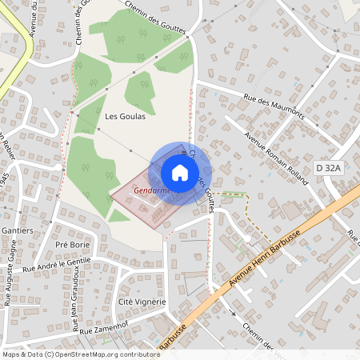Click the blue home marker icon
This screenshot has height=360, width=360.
pyautogui.click(x=180, y=173)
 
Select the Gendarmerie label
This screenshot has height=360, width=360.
pyautogui.click(x=154, y=191)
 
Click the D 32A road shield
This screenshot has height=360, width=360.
pyautogui.click(x=328, y=168)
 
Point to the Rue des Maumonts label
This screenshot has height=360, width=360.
pyautogui.click(x=273, y=108)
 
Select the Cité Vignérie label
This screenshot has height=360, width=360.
pyautogui.click(x=142, y=301)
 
